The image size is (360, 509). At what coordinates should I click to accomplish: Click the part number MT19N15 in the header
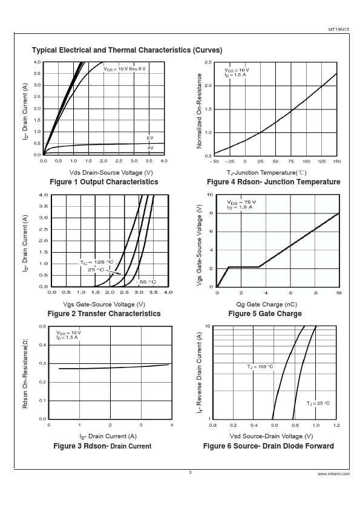point(339,29)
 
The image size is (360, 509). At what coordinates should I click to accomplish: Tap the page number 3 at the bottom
point(191,473)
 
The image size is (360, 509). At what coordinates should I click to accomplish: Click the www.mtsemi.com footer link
point(334,474)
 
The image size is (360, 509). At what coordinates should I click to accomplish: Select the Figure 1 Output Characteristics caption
point(104,182)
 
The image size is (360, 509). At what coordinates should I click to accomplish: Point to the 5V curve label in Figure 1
point(150,138)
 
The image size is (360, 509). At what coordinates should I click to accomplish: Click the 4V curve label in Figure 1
point(150,148)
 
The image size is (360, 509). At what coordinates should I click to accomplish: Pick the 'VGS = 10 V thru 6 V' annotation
point(125,69)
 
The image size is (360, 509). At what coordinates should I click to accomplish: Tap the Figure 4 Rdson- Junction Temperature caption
point(273,182)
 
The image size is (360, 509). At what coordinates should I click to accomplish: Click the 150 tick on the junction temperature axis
point(336,161)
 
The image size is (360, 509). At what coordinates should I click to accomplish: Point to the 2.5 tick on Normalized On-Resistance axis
point(208,62)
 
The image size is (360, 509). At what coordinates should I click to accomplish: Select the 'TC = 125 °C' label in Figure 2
point(97,262)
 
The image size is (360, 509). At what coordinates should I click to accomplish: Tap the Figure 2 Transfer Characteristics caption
point(104,314)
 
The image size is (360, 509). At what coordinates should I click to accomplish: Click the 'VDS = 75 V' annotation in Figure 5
point(241,203)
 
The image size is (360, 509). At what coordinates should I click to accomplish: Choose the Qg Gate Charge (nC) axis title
point(266,305)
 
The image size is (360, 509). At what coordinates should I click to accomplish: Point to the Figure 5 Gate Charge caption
point(265,314)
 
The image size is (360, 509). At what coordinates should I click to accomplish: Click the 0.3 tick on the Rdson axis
point(42,363)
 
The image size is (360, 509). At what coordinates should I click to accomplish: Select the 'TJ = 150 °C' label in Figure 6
point(260,367)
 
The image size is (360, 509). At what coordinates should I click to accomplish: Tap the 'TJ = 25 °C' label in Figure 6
point(318,403)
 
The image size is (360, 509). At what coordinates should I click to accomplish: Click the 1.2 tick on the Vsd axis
point(336,425)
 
